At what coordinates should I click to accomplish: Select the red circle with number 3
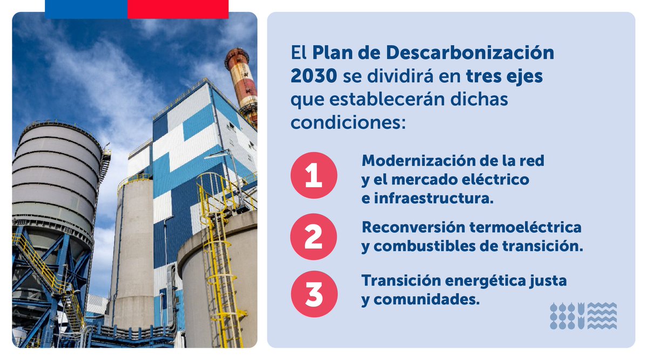point(314,293)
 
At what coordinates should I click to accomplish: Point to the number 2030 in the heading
point(314,76)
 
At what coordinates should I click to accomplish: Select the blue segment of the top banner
point(86,9)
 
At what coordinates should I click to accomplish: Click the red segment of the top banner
point(178,9)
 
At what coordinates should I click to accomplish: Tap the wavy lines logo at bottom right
point(583,316)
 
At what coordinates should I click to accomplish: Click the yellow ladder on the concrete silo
point(216,259)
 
